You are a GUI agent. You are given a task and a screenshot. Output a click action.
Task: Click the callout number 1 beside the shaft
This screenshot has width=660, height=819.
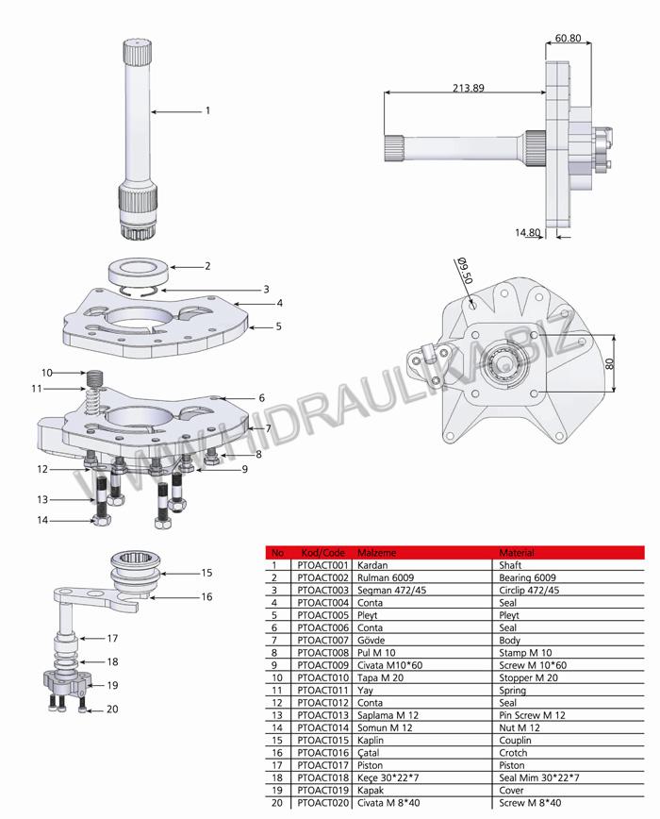click(x=207, y=111)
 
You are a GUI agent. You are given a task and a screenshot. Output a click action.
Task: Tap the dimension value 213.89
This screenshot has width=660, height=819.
click(x=468, y=88)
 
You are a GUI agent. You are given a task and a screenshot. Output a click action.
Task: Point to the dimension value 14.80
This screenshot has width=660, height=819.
click(x=528, y=231)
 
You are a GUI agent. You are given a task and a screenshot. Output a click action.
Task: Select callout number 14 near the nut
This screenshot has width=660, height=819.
click(x=41, y=520)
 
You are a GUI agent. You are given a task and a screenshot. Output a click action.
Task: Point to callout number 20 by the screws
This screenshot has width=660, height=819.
click(x=112, y=710)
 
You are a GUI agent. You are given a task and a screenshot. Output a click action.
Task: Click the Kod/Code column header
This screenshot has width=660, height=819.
click(x=322, y=553)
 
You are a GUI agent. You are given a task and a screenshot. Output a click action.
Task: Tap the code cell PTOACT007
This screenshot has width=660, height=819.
click(x=322, y=640)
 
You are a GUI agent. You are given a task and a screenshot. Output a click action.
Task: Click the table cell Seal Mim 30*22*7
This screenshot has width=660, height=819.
click(x=538, y=777)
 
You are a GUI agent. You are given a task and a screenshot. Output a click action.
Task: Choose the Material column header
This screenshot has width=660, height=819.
click(x=516, y=553)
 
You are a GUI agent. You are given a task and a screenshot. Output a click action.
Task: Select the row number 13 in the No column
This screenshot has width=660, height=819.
click(x=276, y=715)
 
